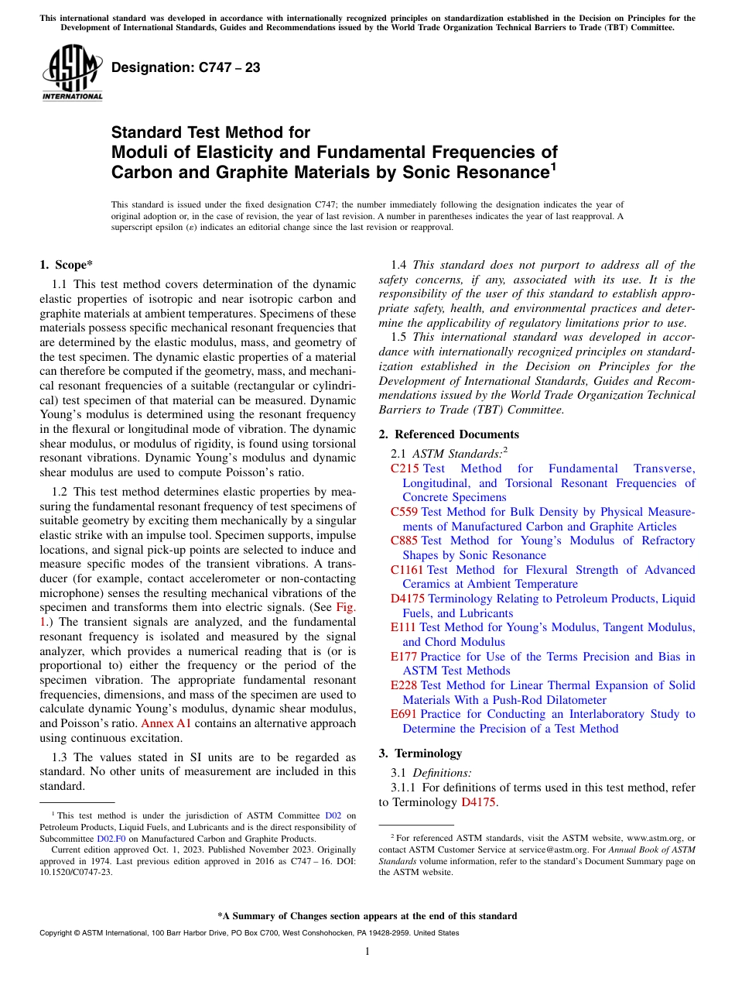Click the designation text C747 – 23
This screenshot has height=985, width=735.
click(x=186, y=67)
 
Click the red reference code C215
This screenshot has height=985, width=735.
click(x=405, y=468)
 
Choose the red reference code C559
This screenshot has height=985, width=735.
click(x=405, y=512)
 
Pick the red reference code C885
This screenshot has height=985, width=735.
click(x=405, y=541)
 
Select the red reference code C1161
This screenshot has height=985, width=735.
click(x=408, y=570)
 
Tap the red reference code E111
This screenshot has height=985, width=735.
click(x=404, y=627)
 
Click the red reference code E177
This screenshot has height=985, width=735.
click(x=404, y=657)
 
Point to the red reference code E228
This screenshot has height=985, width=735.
click(x=404, y=685)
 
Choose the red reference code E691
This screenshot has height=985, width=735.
click(x=404, y=714)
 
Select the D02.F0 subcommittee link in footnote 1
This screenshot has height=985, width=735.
click(x=109, y=838)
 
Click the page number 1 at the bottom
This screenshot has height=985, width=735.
click(x=367, y=952)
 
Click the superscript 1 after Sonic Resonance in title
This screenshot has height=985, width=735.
click(x=552, y=166)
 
